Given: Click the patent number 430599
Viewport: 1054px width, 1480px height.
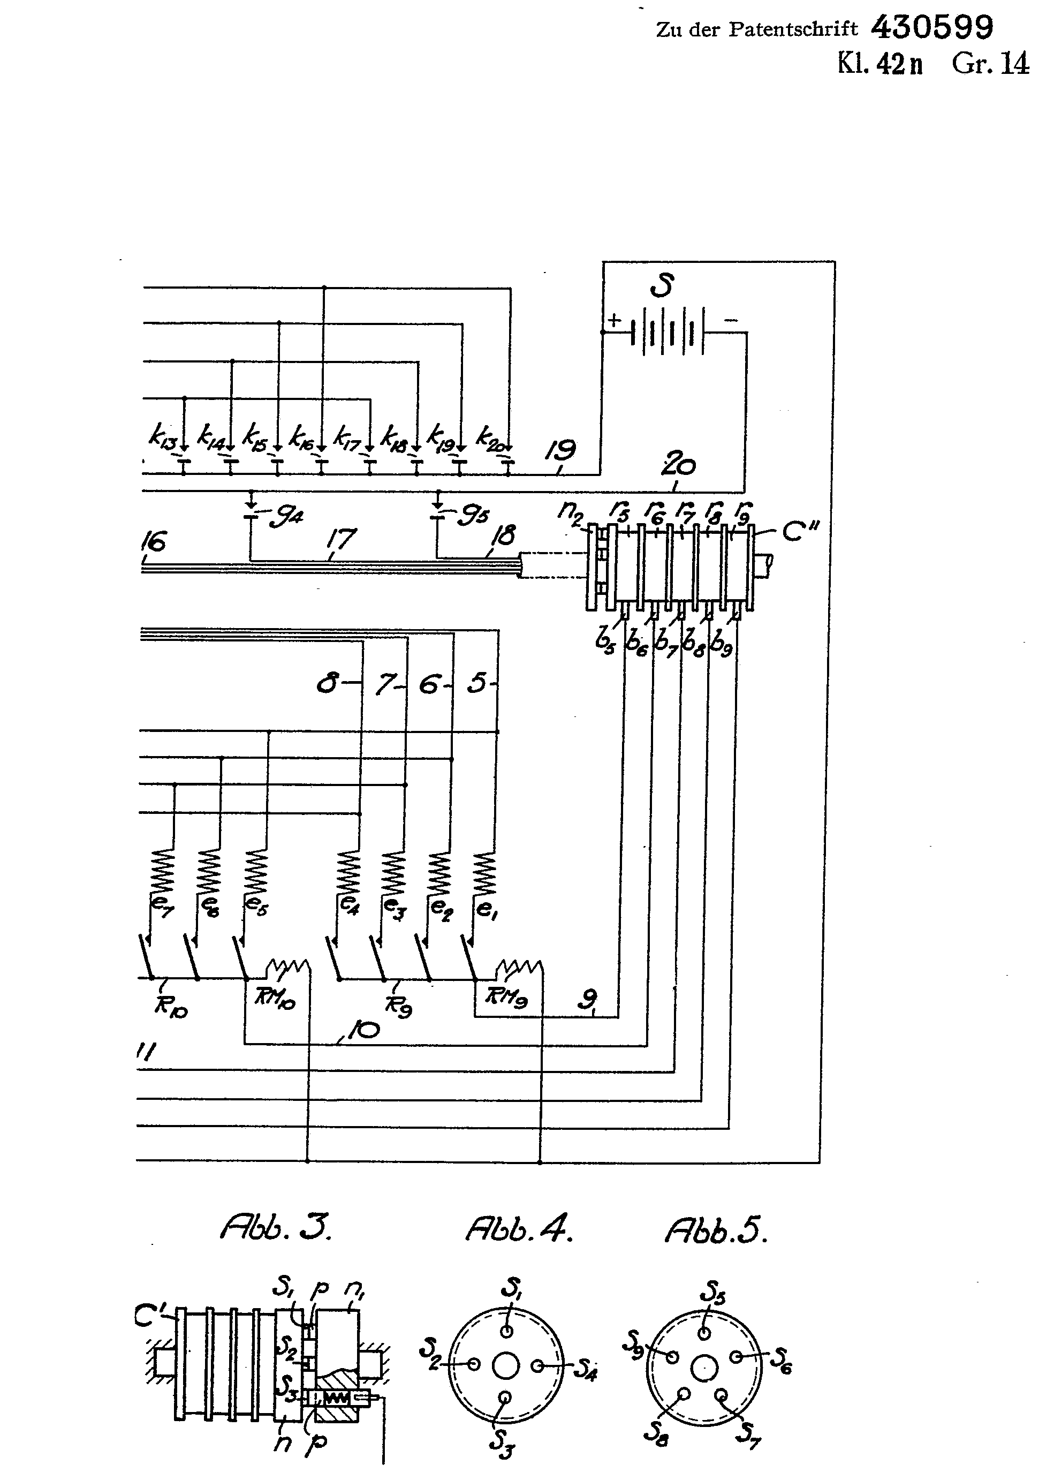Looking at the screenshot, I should pos(931,28).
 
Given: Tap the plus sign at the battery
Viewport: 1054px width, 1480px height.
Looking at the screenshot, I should pos(614,320).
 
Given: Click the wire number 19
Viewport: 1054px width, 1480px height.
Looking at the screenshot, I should pos(562,450).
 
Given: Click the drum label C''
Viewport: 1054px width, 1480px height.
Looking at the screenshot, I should pos(800,532).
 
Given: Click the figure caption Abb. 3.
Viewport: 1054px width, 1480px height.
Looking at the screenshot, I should pos(276,1228).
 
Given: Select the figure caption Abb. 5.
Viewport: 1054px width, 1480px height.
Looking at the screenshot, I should pos(715,1230).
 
